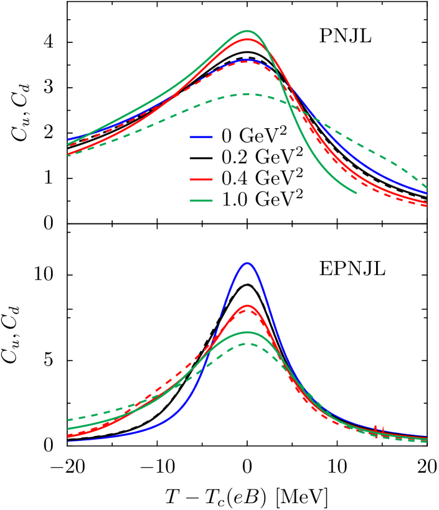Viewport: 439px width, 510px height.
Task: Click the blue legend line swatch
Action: (x=201, y=137)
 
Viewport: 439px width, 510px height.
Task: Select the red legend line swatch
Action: (x=201, y=179)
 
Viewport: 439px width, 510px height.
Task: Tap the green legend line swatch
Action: (x=201, y=200)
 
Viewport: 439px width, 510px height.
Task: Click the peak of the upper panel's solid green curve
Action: (x=247, y=30)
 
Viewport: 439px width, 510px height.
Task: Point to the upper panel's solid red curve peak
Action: (x=247, y=39)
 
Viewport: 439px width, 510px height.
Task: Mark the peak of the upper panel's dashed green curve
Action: (x=247, y=94)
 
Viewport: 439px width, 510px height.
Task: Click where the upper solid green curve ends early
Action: (x=356, y=193)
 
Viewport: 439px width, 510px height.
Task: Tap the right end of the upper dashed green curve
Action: (x=427, y=187)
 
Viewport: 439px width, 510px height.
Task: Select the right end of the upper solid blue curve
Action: (x=427, y=193)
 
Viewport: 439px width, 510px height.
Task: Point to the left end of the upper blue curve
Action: (x=68, y=139)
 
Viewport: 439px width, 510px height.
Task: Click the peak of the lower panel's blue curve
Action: (x=247, y=263)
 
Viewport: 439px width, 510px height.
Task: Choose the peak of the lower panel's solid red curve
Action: (x=247, y=305)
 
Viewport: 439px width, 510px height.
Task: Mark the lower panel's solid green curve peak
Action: (x=247, y=332)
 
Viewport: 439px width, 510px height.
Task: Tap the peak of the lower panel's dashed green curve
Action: (x=247, y=343)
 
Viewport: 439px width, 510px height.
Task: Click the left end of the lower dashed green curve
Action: (x=68, y=420)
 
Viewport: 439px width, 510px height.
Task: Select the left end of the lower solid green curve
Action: (x=68, y=429)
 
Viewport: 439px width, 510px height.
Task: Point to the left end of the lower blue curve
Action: (x=68, y=440)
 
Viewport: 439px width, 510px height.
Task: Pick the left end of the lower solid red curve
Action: (x=68, y=436)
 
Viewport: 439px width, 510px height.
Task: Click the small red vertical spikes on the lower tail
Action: (x=379, y=429)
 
